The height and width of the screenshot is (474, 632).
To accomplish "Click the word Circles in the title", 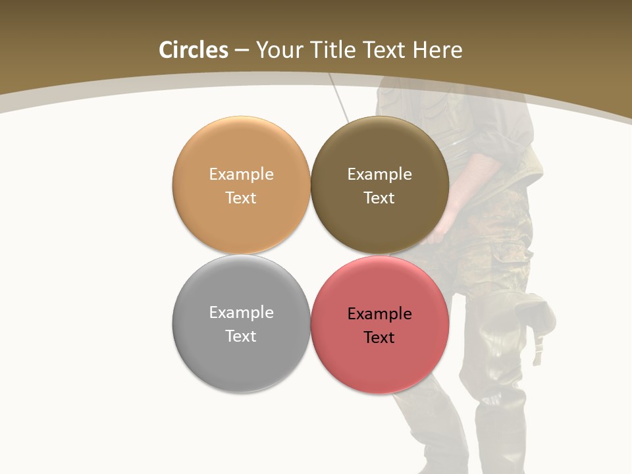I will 194,50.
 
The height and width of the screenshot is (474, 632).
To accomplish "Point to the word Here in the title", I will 437,50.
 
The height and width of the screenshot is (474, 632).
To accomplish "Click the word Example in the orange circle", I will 241,174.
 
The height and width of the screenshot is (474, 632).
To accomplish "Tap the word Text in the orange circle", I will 241,198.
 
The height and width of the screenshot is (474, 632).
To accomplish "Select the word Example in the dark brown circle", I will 379,174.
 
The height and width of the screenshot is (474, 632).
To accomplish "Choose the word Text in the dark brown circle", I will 379,198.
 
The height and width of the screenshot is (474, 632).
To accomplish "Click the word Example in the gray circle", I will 241,313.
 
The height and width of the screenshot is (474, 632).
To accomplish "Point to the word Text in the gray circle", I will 241,336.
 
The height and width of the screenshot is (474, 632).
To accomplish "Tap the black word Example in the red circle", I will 379,314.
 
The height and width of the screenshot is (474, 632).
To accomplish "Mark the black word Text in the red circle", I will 379,338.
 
